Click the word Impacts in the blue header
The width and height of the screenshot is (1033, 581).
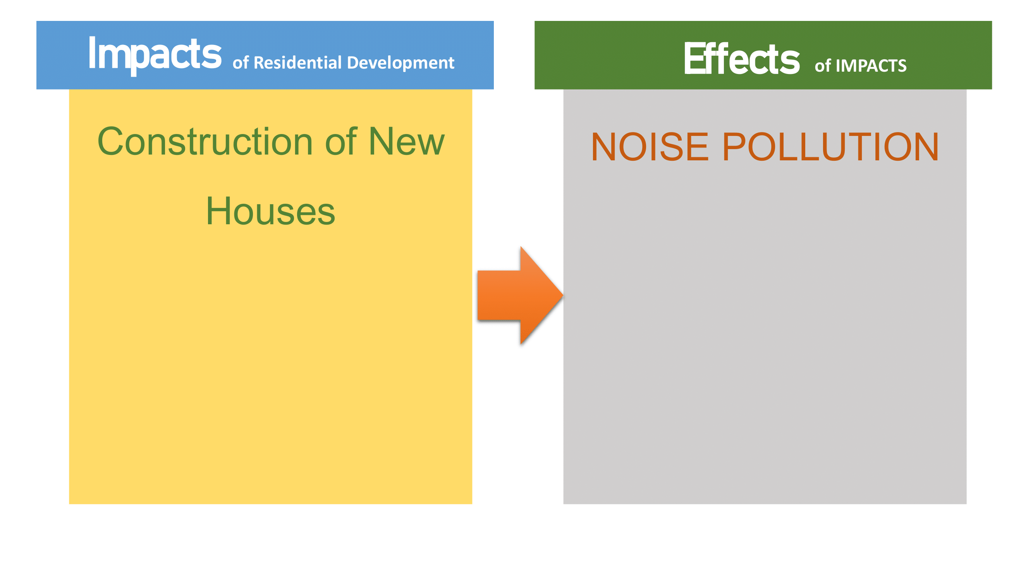click(155, 55)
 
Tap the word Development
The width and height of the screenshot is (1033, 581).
click(400, 64)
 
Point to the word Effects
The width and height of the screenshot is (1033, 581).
click(742, 58)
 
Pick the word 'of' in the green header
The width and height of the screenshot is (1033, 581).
click(822, 65)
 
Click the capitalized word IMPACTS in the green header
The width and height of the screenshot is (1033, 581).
click(871, 66)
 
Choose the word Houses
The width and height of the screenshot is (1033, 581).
click(271, 211)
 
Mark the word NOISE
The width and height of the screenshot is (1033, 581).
click(650, 147)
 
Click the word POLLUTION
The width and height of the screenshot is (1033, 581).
click(830, 147)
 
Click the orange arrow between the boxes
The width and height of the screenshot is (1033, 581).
click(520, 296)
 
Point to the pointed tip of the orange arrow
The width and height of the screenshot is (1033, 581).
click(563, 296)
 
